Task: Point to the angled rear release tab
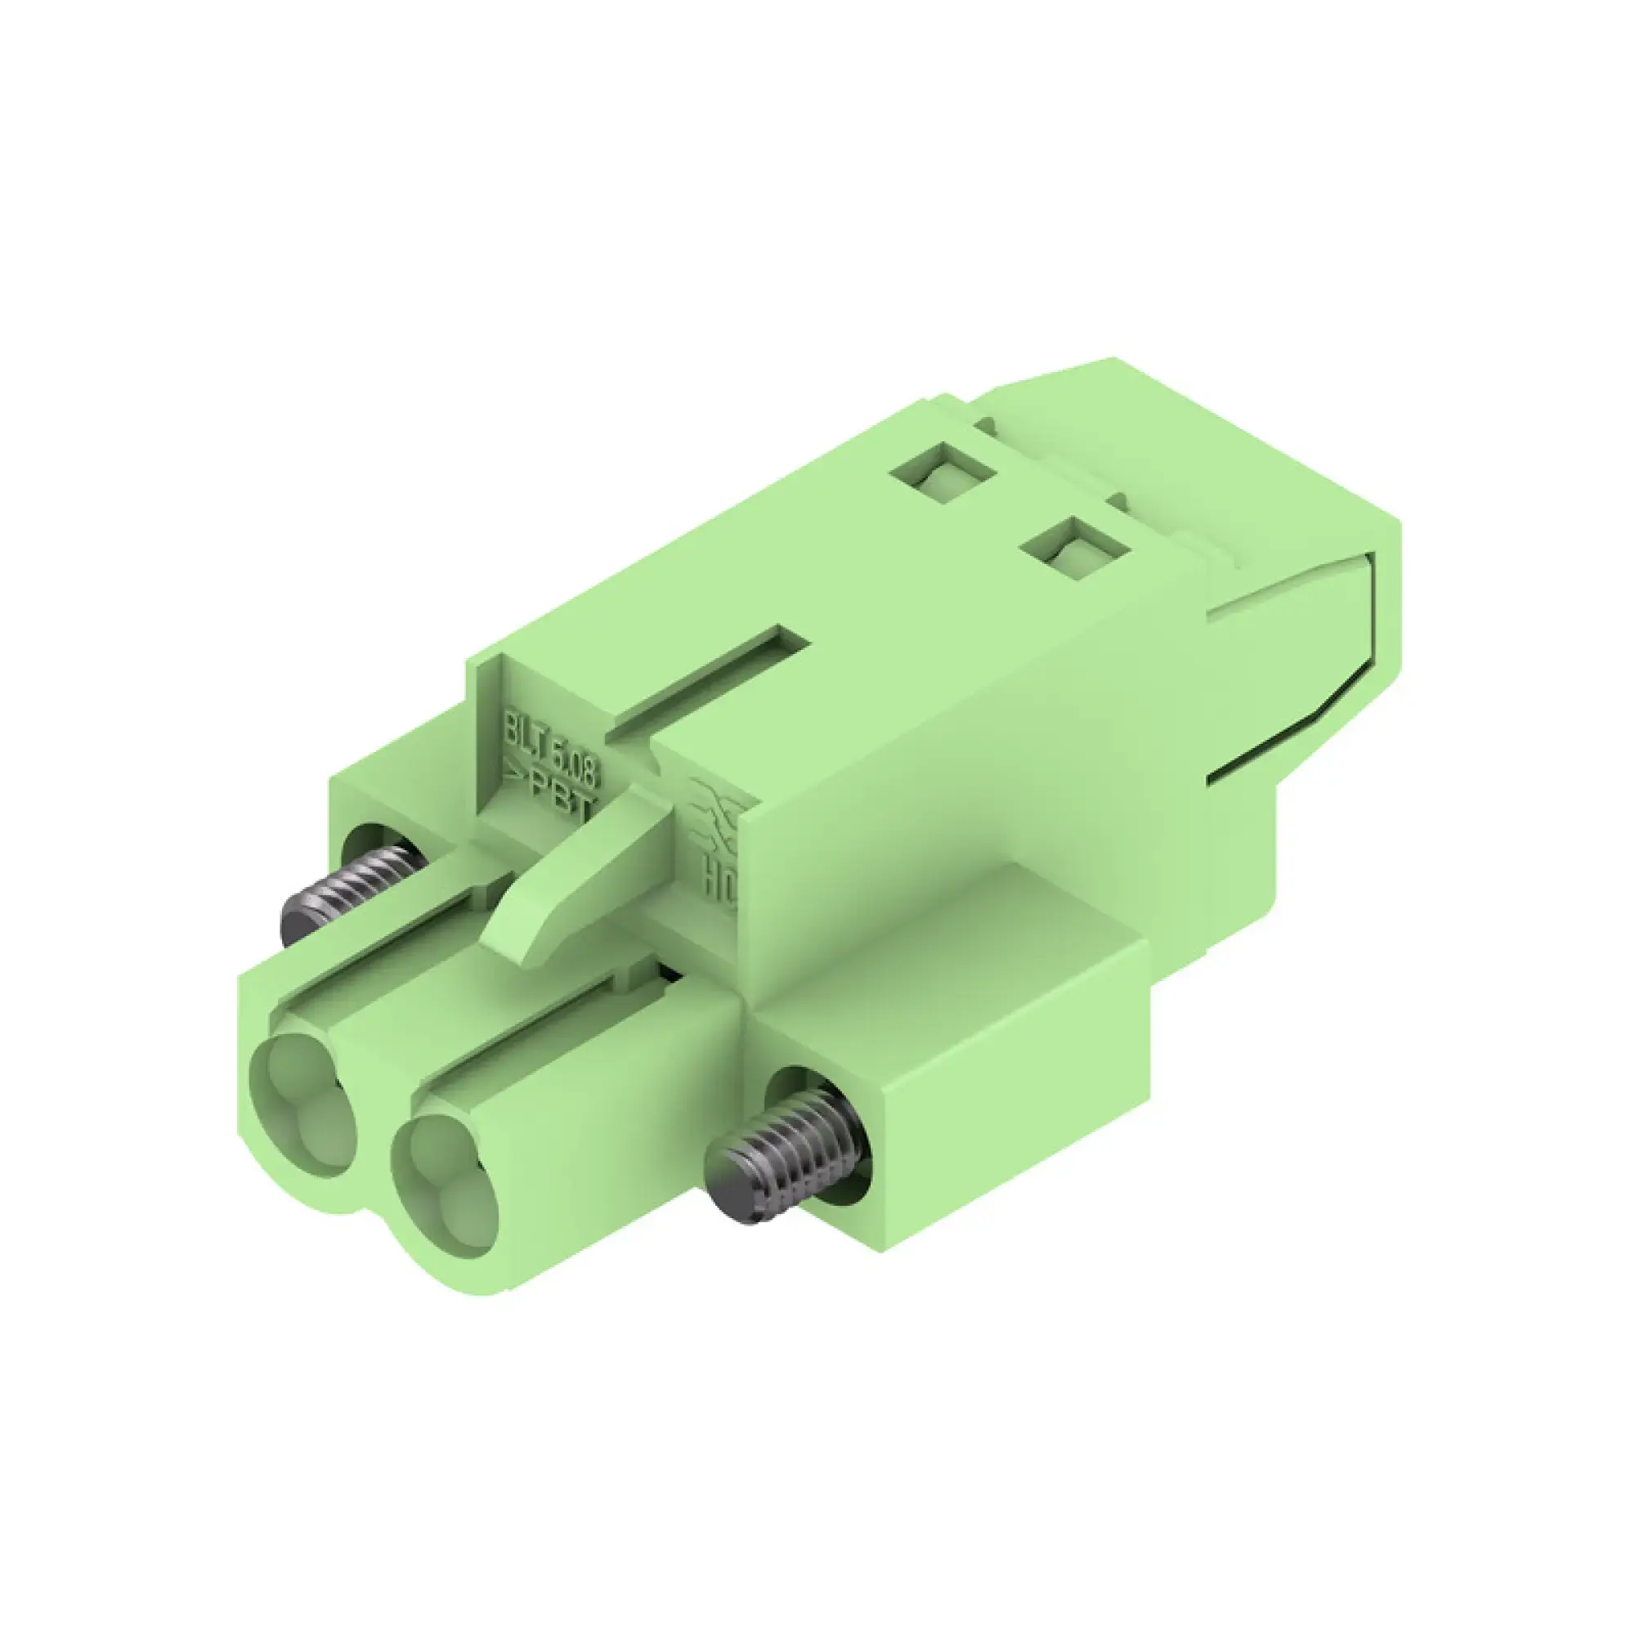click(x=1295, y=643)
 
